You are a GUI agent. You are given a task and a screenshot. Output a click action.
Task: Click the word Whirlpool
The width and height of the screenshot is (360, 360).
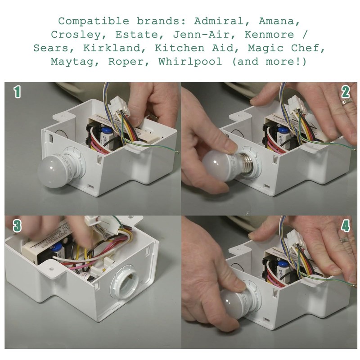[x=190, y=62]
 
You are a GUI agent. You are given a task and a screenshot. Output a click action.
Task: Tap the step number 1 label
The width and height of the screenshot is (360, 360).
[x=17, y=92]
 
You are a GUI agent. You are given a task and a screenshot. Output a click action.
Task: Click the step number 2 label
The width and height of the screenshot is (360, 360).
[x=345, y=92]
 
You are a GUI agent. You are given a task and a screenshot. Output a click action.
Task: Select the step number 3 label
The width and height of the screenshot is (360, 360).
[x=17, y=225]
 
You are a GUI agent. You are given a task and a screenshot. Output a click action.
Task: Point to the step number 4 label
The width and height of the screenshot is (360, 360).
[x=345, y=225]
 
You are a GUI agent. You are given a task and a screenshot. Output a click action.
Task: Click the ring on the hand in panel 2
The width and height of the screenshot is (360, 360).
[x=347, y=102]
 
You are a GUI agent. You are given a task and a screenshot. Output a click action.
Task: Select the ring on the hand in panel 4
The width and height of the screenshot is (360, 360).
[x=345, y=240]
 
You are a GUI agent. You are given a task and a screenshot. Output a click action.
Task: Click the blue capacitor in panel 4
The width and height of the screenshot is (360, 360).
[x=283, y=264]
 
